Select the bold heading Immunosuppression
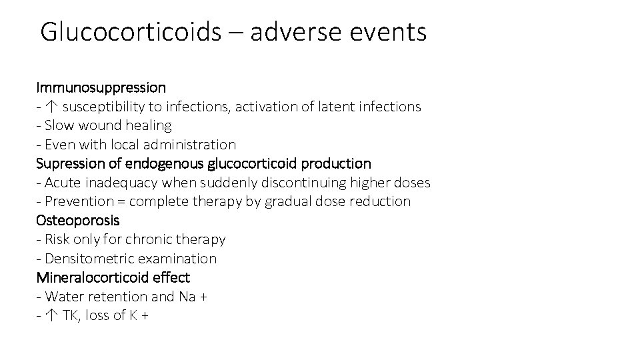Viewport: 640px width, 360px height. pyautogui.click(x=101, y=87)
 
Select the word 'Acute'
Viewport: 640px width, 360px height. pyautogui.click(x=62, y=183)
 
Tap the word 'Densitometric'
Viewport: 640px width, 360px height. pyautogui.click(x=86, y=259)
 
